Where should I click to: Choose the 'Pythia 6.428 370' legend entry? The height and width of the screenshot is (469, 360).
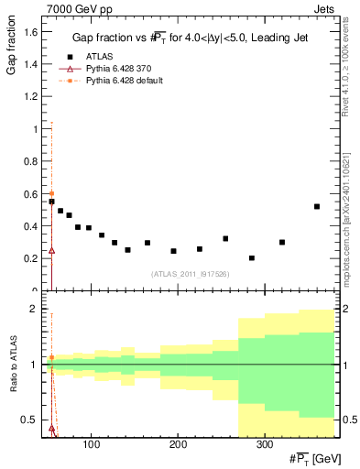[117, 69]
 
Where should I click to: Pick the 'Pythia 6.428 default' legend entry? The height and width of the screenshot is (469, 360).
[124, 81]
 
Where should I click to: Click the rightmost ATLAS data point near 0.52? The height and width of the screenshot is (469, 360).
[317, 206]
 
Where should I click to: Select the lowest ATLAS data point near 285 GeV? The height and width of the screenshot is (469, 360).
[252, 258]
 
